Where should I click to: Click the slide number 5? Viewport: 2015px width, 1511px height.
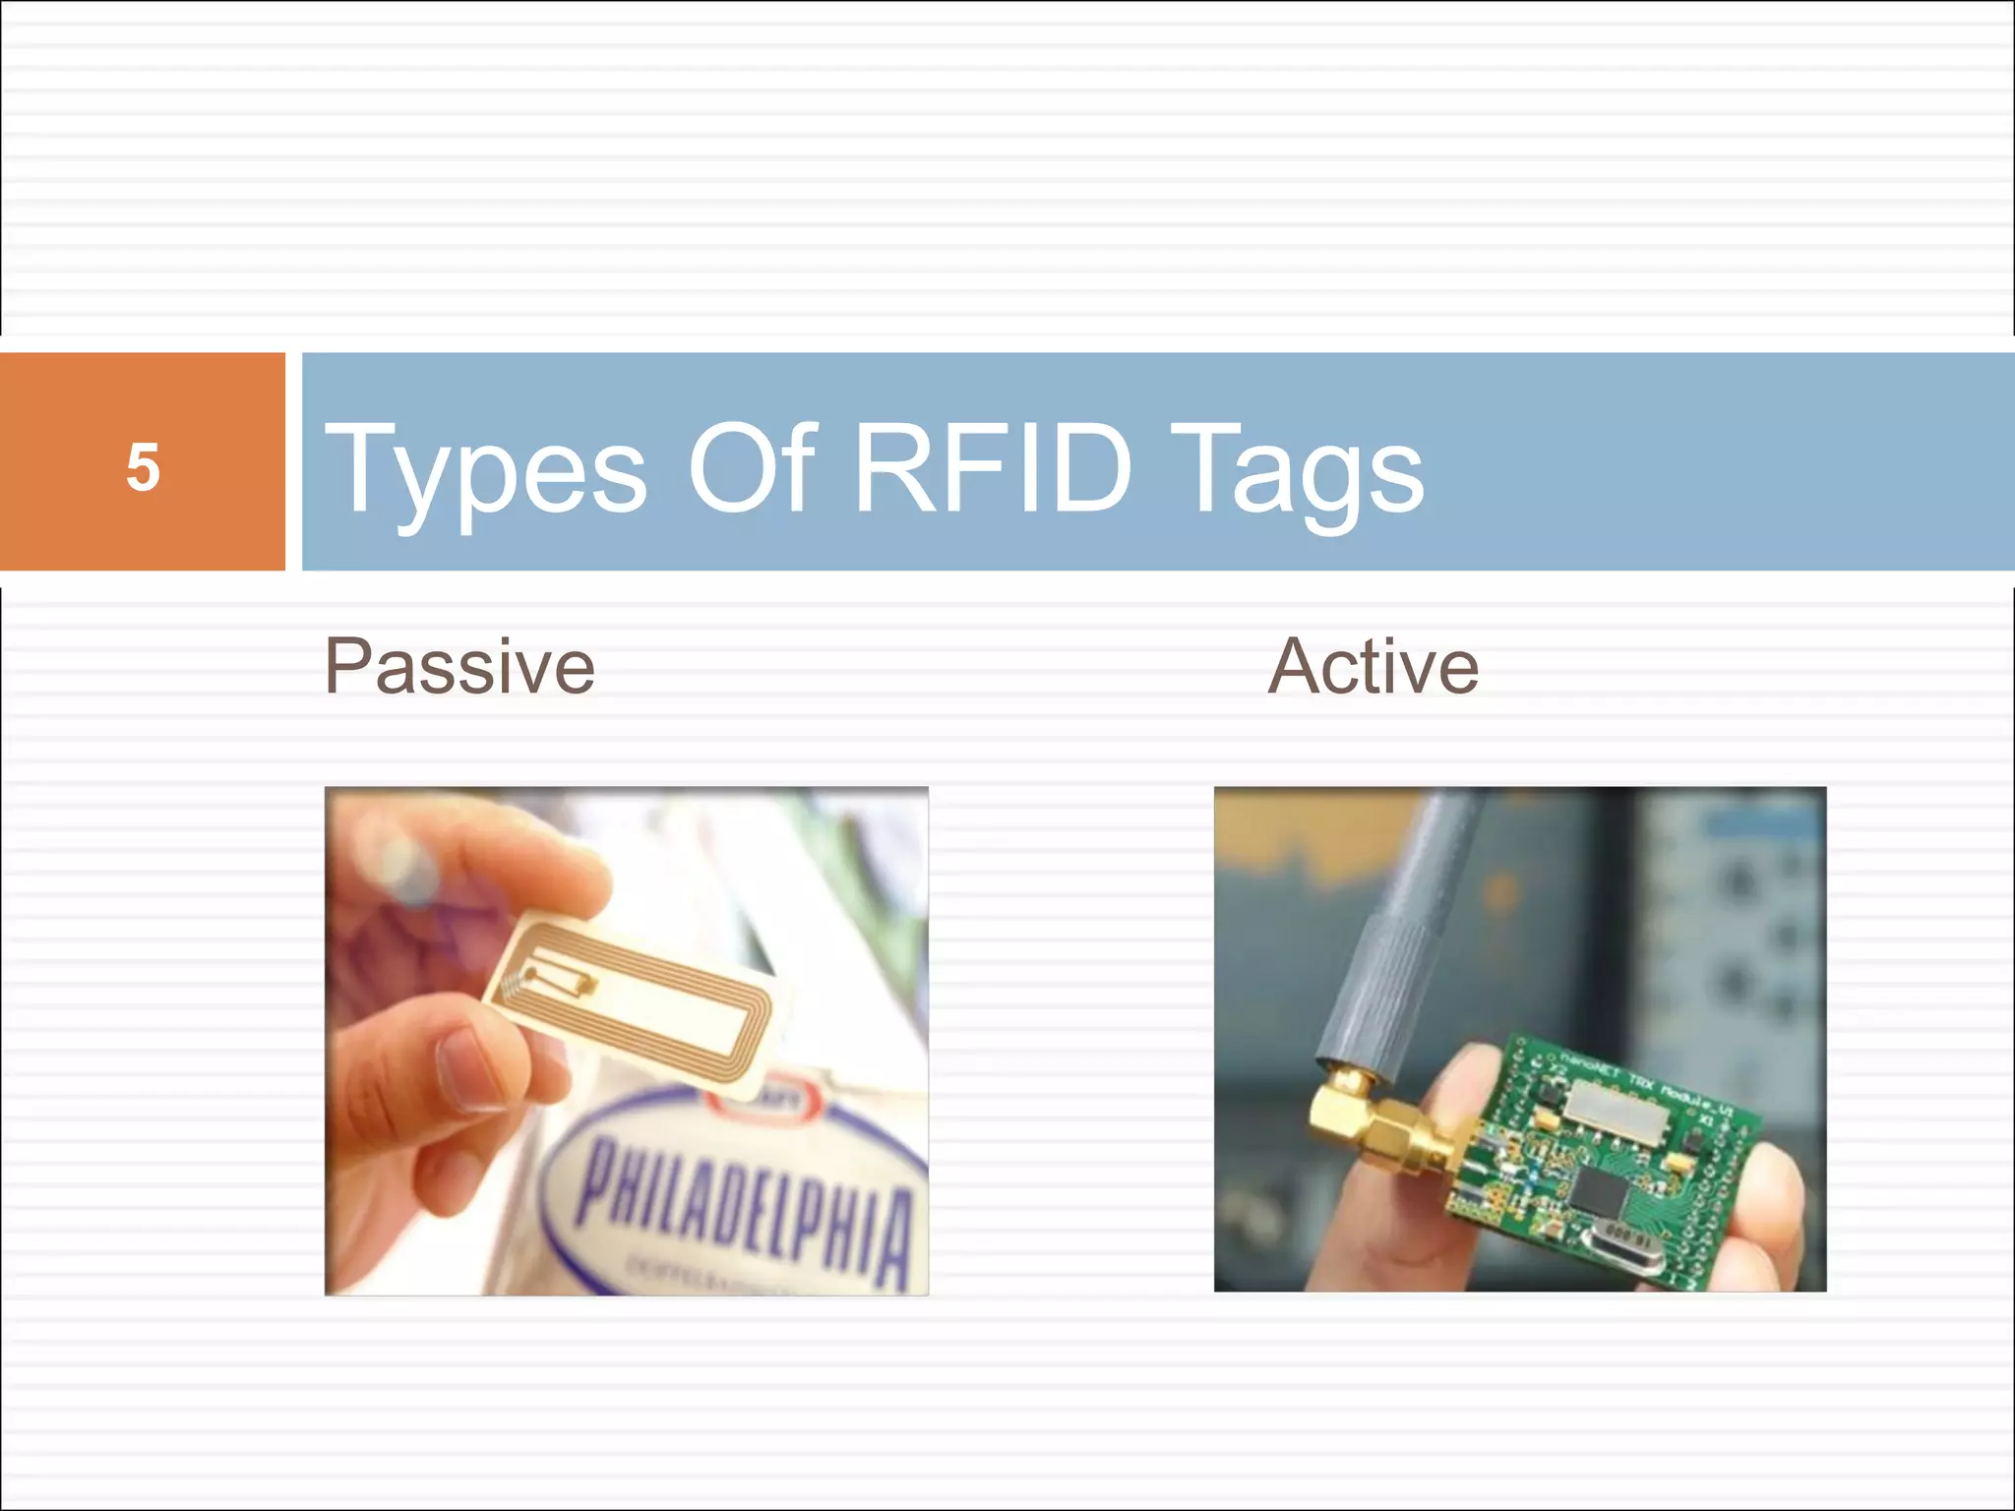[143, 466]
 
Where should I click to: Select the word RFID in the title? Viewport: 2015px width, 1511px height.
[993, 467]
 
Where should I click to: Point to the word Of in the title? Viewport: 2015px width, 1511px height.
[753, 467]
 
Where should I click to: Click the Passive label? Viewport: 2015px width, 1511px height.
[459, 667]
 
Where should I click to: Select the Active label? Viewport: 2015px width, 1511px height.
[1373, 667]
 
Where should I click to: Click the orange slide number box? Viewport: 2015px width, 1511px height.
[143, 461]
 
